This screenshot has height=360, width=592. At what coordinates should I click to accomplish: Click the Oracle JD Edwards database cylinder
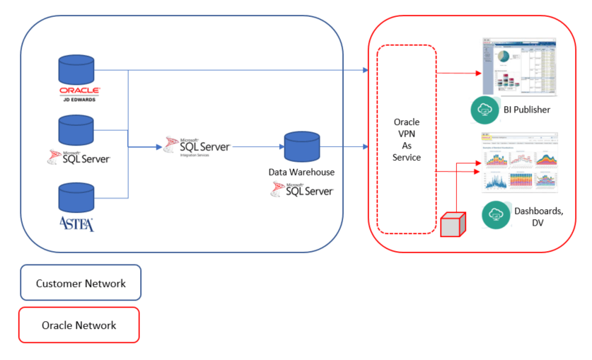[76, 71]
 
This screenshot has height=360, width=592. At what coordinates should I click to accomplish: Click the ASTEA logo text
[77, 224]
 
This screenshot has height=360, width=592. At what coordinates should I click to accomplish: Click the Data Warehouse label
[301, 172]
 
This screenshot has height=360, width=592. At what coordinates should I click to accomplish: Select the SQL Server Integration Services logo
[197, 146]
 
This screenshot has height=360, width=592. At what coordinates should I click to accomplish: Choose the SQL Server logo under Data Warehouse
[301, 189]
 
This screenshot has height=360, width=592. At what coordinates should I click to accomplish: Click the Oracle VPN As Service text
[407, 139]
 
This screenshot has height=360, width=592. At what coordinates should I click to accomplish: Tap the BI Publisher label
[527, 110]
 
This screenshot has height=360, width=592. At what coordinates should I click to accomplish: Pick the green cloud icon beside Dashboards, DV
[496, 215]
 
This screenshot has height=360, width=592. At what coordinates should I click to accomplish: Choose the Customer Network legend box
[81, 283]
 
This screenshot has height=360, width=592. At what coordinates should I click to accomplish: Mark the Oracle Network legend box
[79, 325]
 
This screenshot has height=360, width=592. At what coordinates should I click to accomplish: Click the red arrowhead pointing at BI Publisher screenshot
[477, 72]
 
